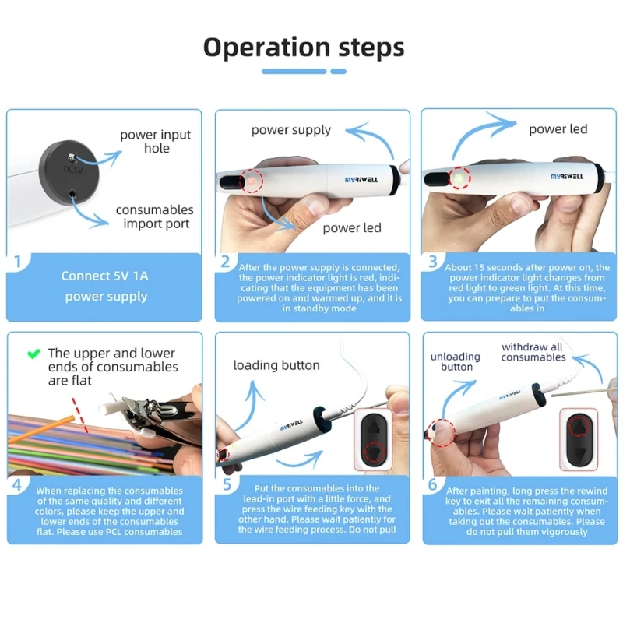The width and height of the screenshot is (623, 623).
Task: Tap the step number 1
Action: click(17, 262)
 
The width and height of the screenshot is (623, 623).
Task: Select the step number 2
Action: click(225, 262)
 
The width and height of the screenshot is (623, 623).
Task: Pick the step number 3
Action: click(433, 262)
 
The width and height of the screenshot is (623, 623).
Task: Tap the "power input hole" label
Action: click(156, 141)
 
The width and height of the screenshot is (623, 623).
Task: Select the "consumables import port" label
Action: click(155, 216)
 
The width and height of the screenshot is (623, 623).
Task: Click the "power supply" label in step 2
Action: click(290, 130)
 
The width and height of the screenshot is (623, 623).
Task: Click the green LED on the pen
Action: click(460, 179)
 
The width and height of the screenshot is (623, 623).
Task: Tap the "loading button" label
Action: click(276, 365)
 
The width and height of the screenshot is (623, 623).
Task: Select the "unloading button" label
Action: click(456, 361)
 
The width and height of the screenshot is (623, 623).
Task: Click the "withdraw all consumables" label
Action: click(533, 352)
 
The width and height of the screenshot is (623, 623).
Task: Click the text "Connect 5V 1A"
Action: click(105, 276)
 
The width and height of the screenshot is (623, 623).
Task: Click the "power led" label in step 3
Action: click(558, 128)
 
